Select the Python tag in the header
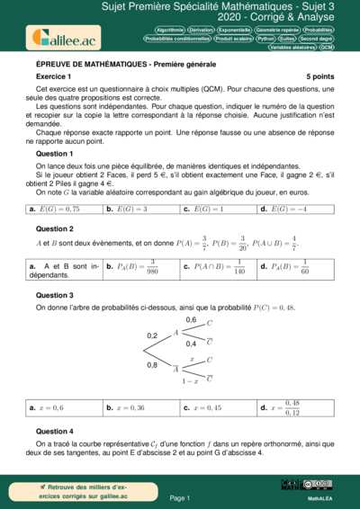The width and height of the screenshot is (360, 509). click(x=265, y=39)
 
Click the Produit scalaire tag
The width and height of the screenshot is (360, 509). click(x=233, y=39)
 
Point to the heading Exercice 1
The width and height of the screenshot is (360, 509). click(x=54, y=77)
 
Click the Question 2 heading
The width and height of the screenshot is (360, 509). click(x=55, y=228)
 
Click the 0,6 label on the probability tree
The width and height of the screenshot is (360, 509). click(x=191, y=320)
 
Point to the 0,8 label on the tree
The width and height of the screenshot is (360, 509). click(x=152, y=365)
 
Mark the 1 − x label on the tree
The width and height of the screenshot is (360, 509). click(x=190, y=381)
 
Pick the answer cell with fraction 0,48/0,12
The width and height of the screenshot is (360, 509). click(x=295, y=407)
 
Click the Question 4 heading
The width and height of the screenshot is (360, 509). click(x=55, y=431)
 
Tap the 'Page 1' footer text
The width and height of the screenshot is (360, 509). click(x=180, y=496)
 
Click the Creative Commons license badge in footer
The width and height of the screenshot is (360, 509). click(x=318, y=485)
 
